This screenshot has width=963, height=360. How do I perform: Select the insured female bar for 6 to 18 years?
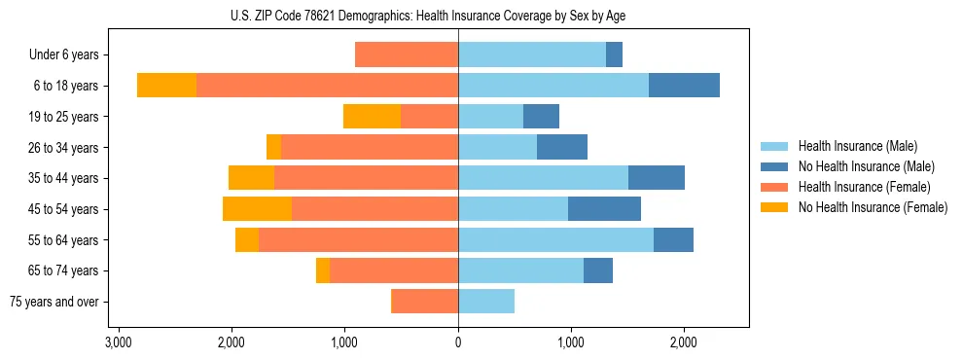(327, 86)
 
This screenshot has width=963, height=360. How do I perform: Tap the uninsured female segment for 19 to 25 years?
(372, 117)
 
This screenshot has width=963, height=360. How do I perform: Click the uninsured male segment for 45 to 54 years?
(604, 209)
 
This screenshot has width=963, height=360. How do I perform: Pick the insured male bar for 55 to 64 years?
(555, 240)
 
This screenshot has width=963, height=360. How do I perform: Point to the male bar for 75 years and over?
(486, 302)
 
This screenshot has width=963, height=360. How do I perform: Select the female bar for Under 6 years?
(407, 55)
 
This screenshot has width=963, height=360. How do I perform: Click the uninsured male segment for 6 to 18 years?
(684, 86)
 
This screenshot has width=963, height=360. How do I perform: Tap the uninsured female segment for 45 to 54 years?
(257, 209)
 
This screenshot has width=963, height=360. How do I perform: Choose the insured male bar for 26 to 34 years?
(497, 148)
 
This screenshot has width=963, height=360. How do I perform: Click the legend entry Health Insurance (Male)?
(857, 146)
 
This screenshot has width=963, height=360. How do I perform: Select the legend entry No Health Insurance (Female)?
(873, 207)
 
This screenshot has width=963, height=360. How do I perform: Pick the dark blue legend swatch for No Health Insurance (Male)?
(774, 166)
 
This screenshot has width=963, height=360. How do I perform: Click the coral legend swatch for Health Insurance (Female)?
(774, 187)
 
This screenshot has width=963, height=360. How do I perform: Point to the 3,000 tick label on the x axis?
(118, 342)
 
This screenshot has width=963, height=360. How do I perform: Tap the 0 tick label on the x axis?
(458, 342)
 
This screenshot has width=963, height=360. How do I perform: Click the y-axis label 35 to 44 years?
(63, 179)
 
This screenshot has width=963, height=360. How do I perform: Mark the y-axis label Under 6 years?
(64, 55)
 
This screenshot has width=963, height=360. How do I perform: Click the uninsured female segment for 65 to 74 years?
(323, 270)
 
